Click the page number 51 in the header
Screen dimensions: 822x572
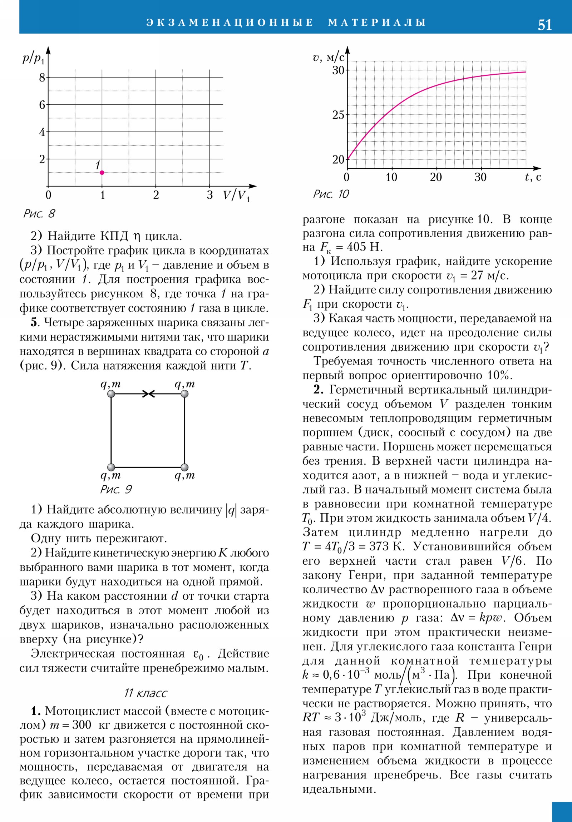pyautogui.click(x=544, y=25)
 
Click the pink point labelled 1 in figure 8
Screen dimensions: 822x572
pyautogui.click(x=102, y=173)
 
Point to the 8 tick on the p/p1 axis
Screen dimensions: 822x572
pyautogui.click(x=42, y=77)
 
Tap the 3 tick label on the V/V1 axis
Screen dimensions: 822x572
pyautogui.click(x=209, y=195)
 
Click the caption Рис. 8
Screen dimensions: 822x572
pyautogui.click(x=39, y=214)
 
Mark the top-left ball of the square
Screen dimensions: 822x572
pyautogui.click(x=111, y=394)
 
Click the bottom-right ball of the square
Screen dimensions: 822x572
pyautogui.click(x=184, y=467)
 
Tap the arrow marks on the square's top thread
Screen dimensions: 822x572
pyautogui.click(x=148, y=394)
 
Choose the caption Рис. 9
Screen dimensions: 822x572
pyautogui.click(x=116, y=489)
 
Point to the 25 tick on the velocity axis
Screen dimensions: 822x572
pyautogui.click(x=339, y=115)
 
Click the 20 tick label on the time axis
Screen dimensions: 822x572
pyautogui.click(x=436, y=177)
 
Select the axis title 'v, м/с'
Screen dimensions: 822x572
pyautogui.click(x=328, y=57)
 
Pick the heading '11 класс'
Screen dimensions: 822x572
pyautogui.click(x=146, y=693)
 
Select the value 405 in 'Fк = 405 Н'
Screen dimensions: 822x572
pyautogui.click(x=358, y=247)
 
